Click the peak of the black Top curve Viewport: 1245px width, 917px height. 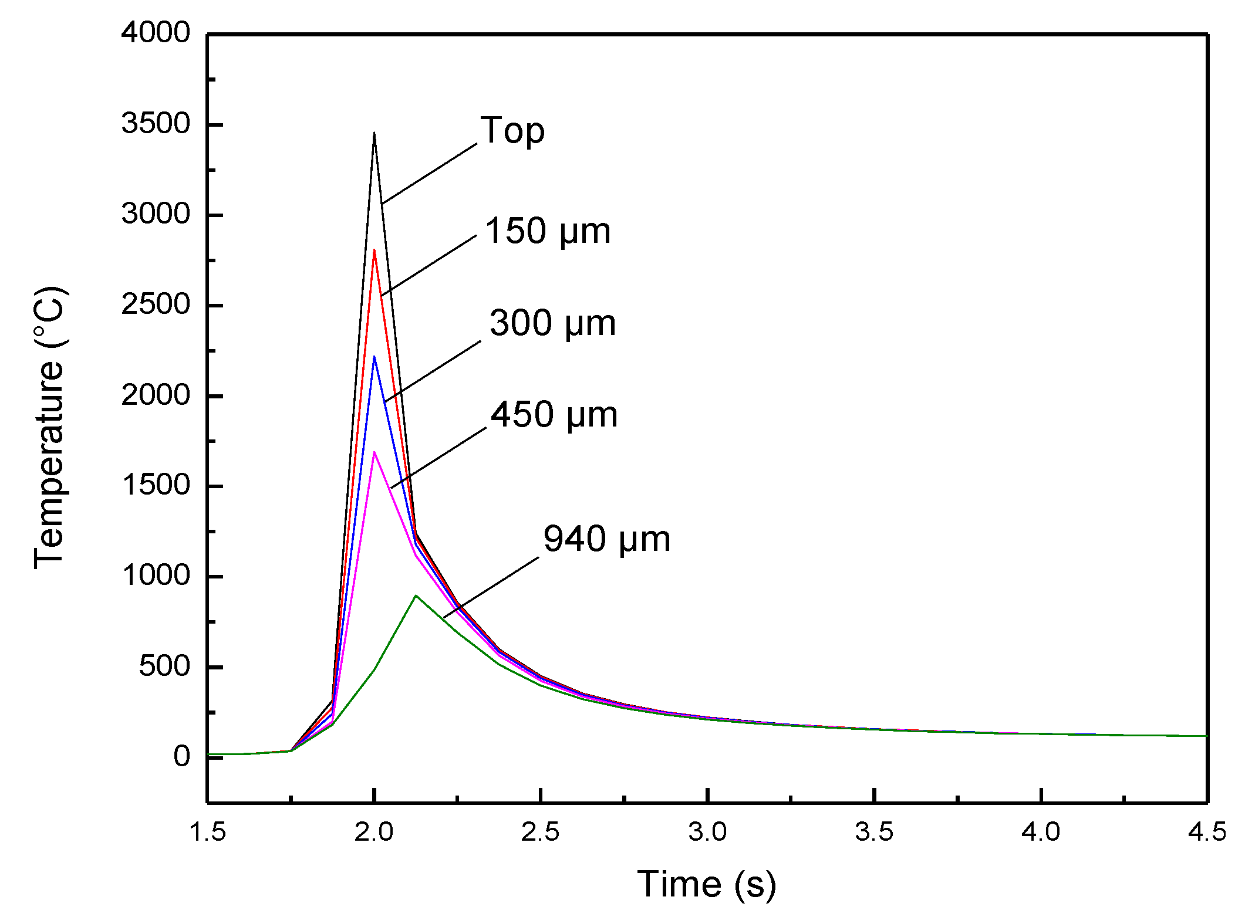click(x=374, y=134)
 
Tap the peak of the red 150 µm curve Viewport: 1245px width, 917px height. click(x=374, y=251)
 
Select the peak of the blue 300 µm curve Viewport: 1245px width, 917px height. click(x=374, y=357)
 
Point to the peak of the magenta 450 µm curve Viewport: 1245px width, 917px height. click(x=374, y=452)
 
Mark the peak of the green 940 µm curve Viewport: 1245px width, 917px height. click(x=416, y=596)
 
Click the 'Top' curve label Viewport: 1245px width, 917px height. click(x=512, y=131)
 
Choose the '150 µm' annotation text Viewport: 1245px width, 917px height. click(x=548, y=231)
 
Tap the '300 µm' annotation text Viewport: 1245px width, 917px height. click(x=552, y=323)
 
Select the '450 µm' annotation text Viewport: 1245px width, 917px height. click(x=554, y=415)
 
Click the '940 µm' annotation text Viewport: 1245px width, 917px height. click(x=606, y=539)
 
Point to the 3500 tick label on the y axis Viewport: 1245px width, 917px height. click(x=156, y=124)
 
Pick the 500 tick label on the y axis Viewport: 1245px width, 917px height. click(x=164, y=666)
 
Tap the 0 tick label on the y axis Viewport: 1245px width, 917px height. click(x=182, y=757)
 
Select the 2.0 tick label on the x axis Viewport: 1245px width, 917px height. click(x=374, y=832)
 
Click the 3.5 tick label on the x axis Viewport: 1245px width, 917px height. click(x=874, y=832)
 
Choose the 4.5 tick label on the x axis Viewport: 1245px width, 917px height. click(x=1207, y=832)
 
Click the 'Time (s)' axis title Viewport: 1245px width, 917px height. click(x=707, y=884)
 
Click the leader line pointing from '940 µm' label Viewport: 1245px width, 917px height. click(x=491, y=587)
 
